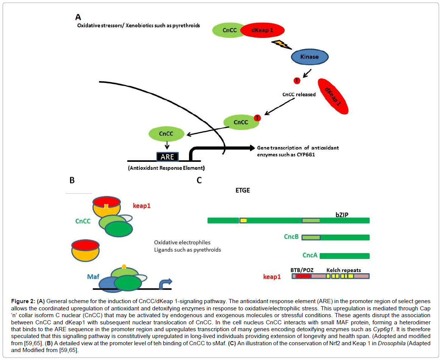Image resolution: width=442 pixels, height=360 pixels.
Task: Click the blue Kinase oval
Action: click(x=309, y=57)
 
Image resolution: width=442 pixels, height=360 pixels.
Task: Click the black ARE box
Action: click(x=168, y=156)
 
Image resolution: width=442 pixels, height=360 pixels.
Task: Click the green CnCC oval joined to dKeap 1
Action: click(x=230, y=30)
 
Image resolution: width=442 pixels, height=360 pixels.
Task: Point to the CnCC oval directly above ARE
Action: click(x=166, y=133)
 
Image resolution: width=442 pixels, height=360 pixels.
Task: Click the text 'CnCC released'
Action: click(x=299, y=94)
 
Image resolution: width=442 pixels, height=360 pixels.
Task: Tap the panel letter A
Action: click(x=78, y=17)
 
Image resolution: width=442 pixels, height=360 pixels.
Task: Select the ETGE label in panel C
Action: click(x=242, y=190)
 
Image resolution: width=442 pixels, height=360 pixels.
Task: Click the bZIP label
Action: click(x=342, y=214)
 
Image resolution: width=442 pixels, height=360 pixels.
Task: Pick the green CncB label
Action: click(x=291, y=237)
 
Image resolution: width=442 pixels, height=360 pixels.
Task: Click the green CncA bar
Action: click(x=344, y=256)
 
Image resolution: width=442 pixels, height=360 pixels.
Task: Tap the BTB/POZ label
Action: click(x=302, y=270)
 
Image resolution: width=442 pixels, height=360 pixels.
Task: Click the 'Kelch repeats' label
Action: click(x=344, y=270)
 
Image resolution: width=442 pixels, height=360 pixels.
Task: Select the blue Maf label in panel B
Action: click(x=93, y=277)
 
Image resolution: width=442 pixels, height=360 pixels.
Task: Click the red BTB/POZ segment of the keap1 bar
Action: click(x=303, y=276)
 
